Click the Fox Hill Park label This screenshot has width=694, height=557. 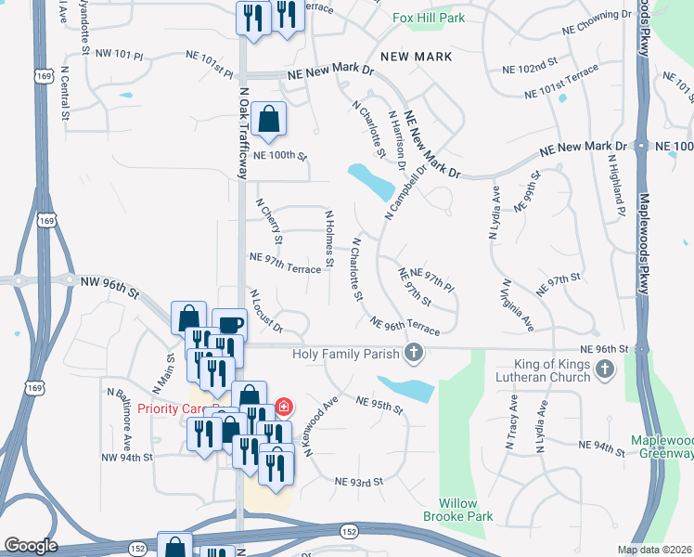(428, 18)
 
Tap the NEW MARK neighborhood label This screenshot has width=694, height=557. (417, 57)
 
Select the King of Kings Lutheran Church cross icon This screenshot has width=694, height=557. (604, 369)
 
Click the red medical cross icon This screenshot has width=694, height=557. (282, 408)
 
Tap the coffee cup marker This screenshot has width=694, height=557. (229, 325)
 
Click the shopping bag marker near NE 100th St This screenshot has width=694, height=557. (268, 119)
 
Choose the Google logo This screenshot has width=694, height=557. (31, 546)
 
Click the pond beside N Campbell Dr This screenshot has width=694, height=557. (370, 179)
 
